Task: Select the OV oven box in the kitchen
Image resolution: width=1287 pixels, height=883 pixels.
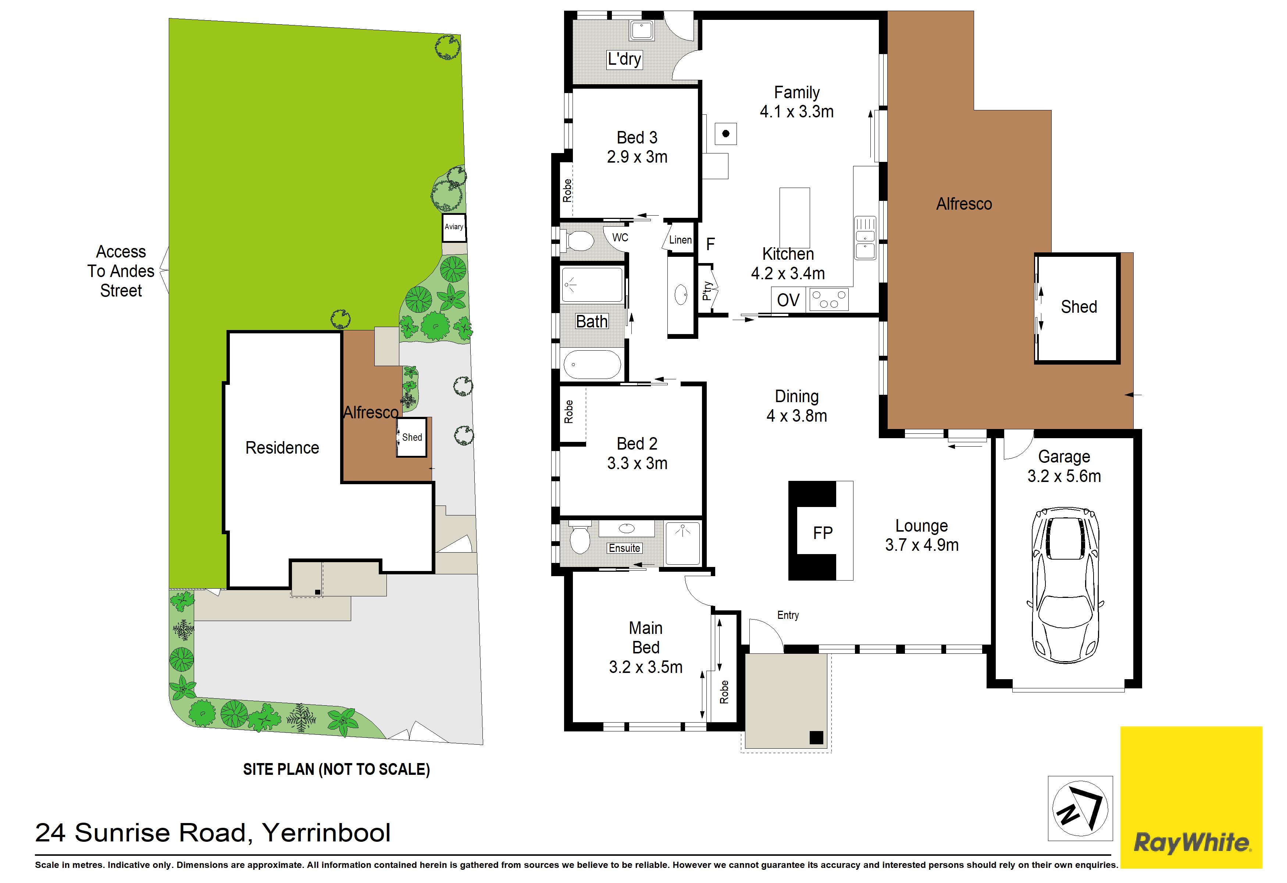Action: pos(788,300)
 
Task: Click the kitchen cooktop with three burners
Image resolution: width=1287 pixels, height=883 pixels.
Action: pos(829,299)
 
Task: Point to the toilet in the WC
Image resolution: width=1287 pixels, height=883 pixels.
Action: pos(578,241)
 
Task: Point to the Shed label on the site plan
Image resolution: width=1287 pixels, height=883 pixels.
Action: pos(412,437)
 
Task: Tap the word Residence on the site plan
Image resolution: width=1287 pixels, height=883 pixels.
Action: pos(282,448)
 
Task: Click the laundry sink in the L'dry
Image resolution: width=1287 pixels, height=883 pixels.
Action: pos(642,31)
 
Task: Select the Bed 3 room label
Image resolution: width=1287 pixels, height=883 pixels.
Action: pos(637,147)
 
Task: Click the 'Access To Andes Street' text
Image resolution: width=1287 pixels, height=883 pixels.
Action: pos(121,271)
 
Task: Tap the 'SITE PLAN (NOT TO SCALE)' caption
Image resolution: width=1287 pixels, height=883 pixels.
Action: pos(337,769)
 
